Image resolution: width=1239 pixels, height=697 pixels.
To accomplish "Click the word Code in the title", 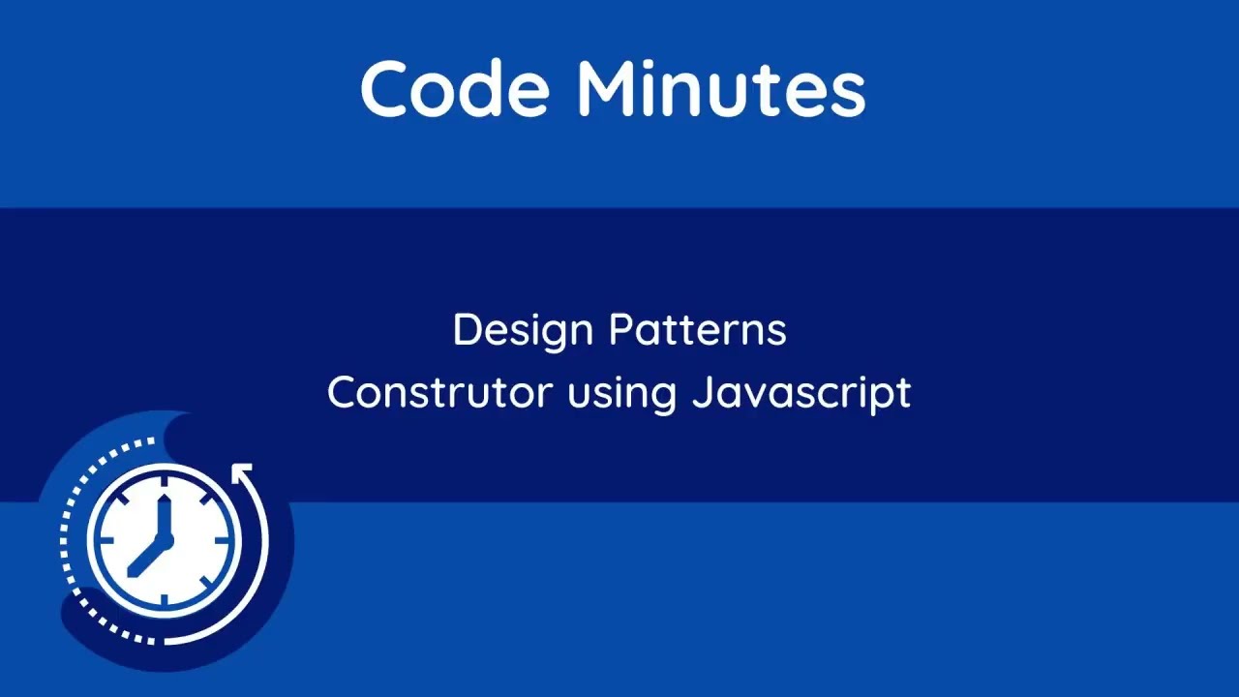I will [455, 89].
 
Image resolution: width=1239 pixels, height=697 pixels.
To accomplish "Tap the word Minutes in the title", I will [721, 89].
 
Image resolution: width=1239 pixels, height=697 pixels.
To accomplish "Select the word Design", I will [524, 331].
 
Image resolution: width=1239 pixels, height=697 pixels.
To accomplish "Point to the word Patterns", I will [697, 330].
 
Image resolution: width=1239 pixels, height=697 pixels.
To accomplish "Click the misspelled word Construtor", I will [439, 393].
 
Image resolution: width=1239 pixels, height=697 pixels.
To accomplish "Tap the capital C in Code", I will [386, 89].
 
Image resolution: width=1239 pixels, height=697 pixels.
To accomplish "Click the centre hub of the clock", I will [164, 539].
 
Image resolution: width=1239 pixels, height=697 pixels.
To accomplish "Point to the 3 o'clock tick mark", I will [228, 539].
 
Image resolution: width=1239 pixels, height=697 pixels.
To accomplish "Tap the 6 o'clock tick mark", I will [164, 602].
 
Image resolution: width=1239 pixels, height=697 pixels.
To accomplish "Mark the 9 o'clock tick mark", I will [100, 539].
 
